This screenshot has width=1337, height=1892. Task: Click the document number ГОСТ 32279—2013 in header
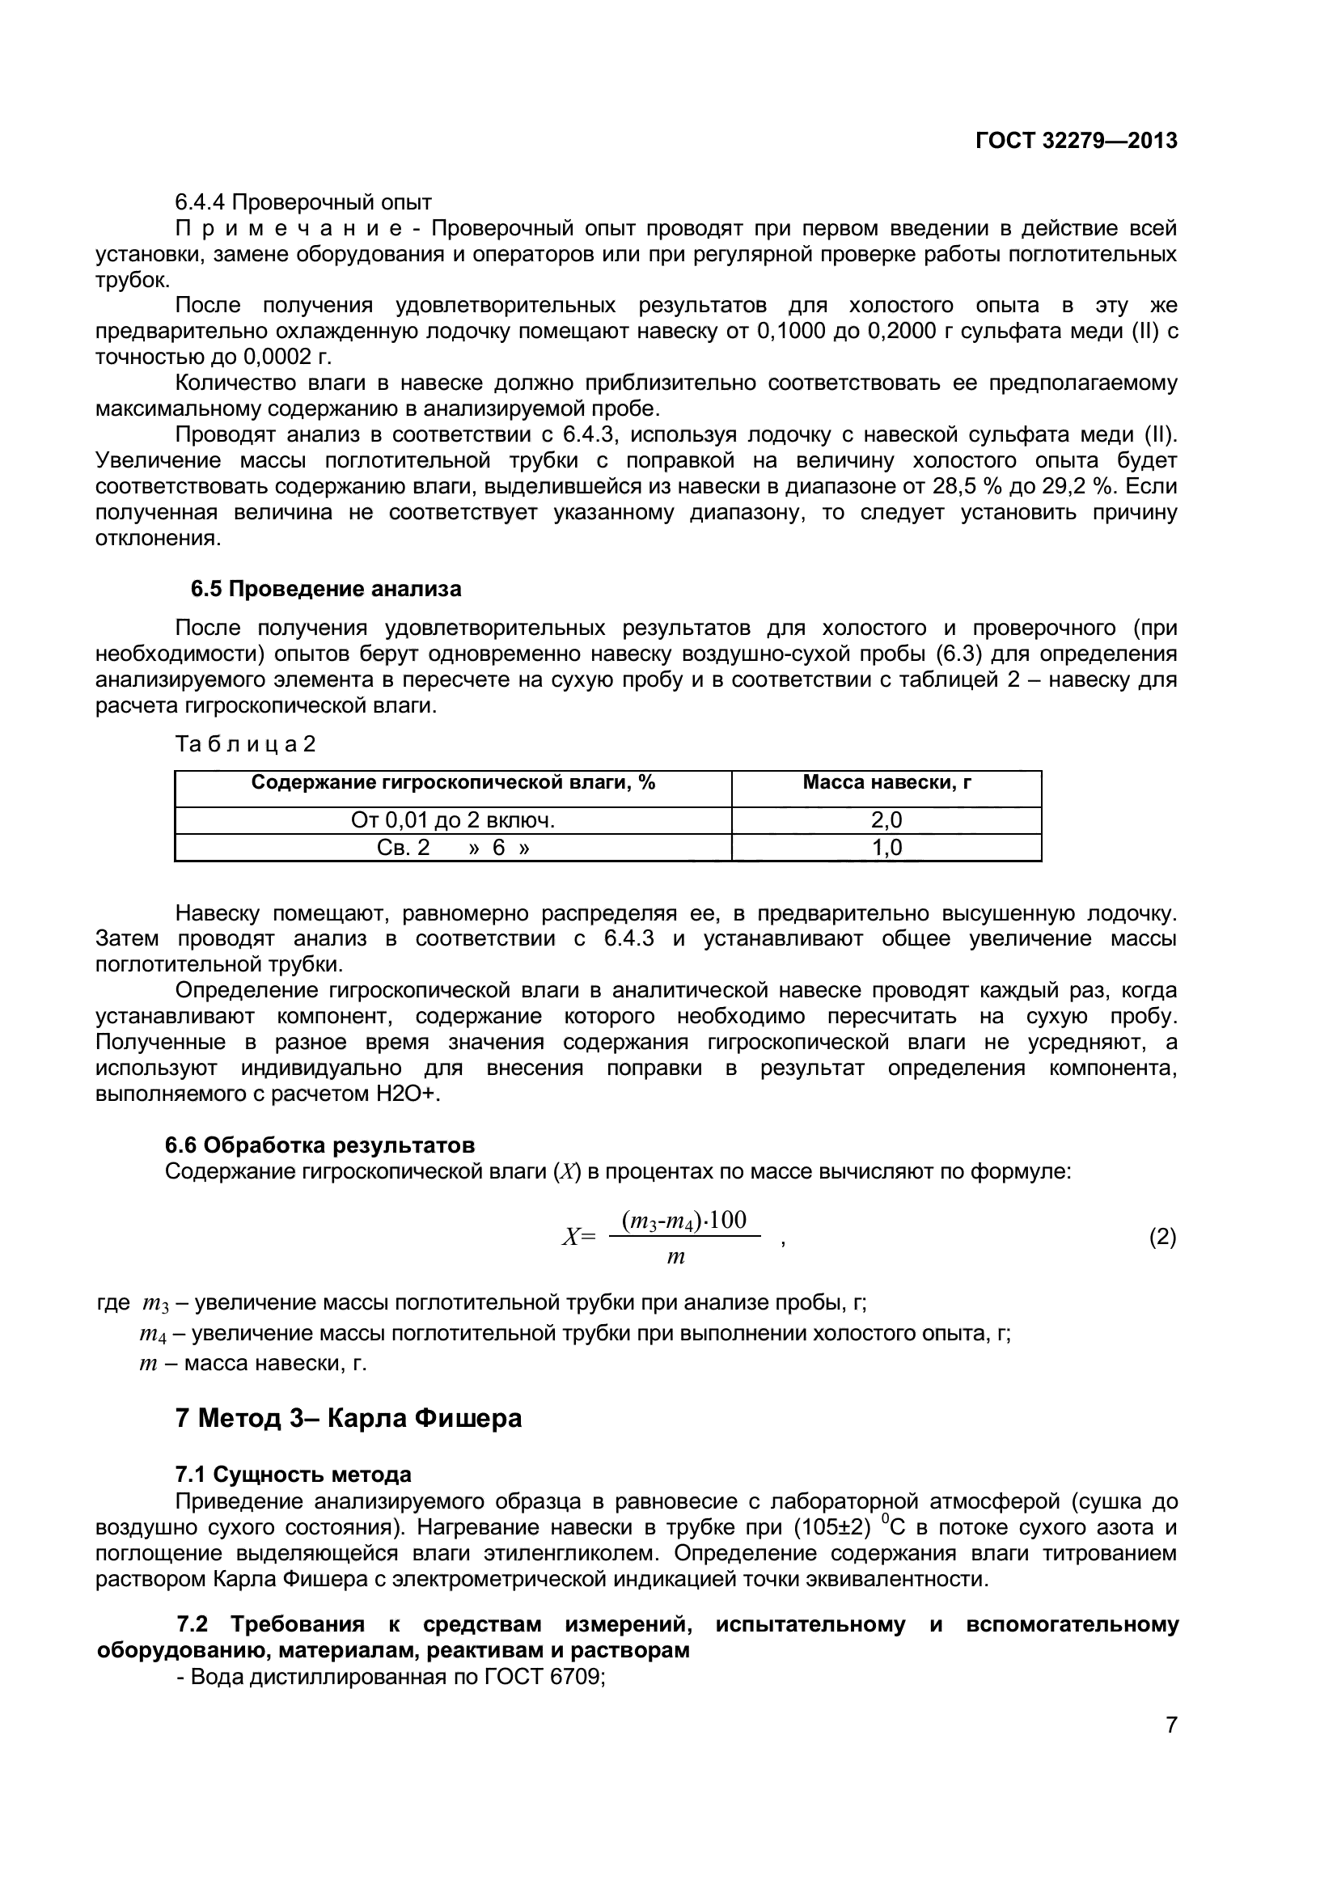[1076, 141]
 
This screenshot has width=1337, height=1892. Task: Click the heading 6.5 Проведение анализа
[326, 589]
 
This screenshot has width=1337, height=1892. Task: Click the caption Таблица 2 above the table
[246, 744]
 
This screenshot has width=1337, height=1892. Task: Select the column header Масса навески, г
[886, 782]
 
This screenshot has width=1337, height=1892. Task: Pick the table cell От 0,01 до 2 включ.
[453, 820]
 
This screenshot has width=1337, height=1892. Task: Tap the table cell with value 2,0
[886, 820]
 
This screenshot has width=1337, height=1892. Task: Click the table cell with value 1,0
[886, 847]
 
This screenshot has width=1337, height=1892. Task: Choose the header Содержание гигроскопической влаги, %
[453, 782]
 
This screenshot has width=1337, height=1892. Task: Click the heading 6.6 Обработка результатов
[319, 1145]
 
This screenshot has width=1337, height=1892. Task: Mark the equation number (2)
[1162, 1237]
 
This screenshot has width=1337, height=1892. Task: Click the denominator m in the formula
[675, 1258]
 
